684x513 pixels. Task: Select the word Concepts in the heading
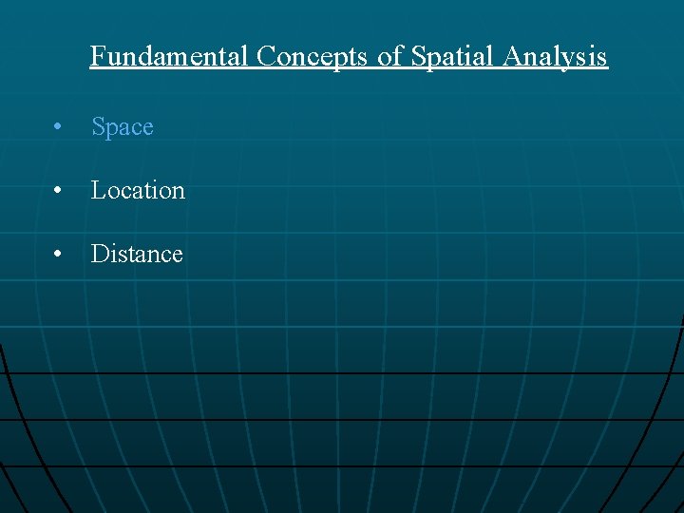314,57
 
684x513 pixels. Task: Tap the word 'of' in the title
390,57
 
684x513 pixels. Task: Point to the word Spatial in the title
452,57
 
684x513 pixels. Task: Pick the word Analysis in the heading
555,57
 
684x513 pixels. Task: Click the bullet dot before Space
59,128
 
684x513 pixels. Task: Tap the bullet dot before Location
59,191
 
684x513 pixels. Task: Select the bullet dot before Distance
59,255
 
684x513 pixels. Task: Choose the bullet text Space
123,127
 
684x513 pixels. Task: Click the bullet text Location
138,190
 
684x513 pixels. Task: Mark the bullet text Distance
137,254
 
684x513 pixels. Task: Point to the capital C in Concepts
265,57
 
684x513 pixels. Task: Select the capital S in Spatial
418,57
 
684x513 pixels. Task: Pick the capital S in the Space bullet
98,127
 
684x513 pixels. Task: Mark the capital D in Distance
99,254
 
